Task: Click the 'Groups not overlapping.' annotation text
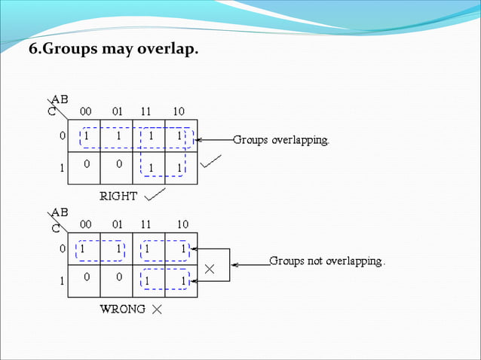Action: point(327,262)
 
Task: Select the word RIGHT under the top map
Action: point(119,196)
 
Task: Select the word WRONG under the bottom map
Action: point(123,310)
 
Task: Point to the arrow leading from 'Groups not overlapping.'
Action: point(250,264)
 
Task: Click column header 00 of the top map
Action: point(86,111)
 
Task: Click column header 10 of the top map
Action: point(179,111)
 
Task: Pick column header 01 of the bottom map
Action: point(117,224)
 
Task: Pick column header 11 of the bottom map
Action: point(148,224)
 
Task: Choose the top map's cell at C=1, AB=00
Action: point(86,163)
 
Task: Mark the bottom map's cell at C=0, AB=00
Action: point(83,249)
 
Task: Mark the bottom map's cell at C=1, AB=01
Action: point(118,277)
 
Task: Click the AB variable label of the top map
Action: point(60,99)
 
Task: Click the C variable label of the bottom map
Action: point(56,224)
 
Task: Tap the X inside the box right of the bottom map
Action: point(210,267)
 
